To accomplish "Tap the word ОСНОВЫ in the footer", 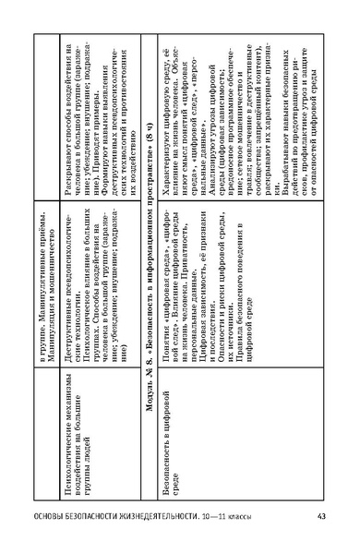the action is click(x=52, y=514).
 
